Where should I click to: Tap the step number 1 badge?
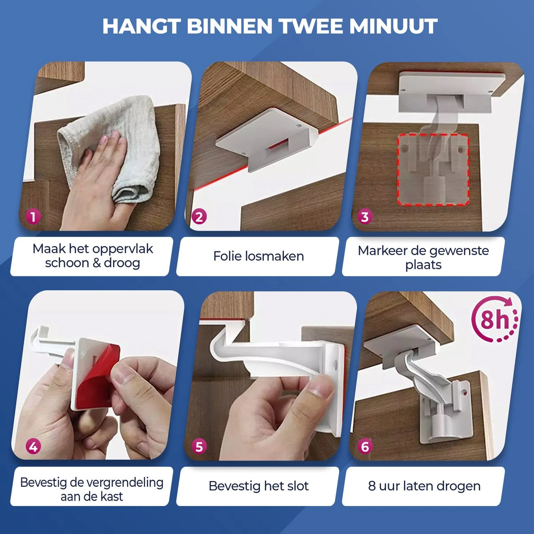click(x=33, y=217)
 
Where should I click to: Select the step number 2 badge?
click(x=199, y=217)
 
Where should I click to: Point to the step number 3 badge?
click(x=365, y=217)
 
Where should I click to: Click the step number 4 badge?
click(x=33, y=446)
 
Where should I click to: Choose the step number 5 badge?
click(x=199, y=446)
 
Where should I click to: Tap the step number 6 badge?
click(x=365, y=446)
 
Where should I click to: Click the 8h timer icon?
click(x=494, y=319)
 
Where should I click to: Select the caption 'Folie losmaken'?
click(x=258, y=256)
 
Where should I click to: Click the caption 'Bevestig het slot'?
click(x=258, y=486)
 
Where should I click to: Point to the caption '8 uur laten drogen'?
click(x=424, y=486)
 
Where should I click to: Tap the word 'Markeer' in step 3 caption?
click(x=379, y=251)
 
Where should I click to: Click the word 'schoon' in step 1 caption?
click(x=67, y=263)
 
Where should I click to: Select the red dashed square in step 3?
click(x=433, y=169)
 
